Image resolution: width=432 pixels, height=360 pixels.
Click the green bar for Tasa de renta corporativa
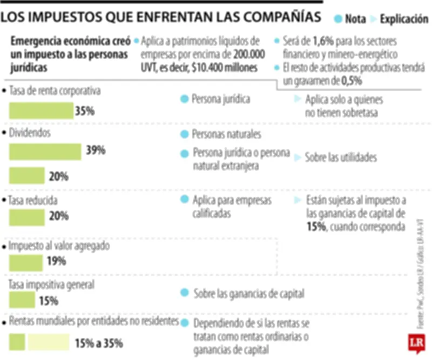pyautogui.click(x=41, y=111)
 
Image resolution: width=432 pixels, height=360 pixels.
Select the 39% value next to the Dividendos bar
pyautogui.click(x=95, y=151)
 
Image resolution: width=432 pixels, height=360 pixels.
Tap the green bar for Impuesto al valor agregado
pyautogui.click(x=26, y=262)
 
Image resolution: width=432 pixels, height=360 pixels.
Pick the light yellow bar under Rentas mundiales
pyautogui.click(x=48, y=342)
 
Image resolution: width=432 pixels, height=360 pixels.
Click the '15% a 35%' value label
pyautogui.click(x=98, y=343)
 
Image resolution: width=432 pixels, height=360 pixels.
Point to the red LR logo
pyautogui.click(x=416, y=343)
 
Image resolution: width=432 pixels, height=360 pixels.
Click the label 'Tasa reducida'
pyautogui.click(x=33, y=200)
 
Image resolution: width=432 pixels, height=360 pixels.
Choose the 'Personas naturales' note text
pyautogui.click(x=227, y=134)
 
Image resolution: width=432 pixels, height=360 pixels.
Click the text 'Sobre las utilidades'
pyautogui.click(x=341, y=158)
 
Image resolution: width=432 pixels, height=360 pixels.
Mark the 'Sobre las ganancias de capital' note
pyautogui.click(x=249, y=294)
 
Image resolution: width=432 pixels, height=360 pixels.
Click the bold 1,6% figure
pyautogui.click(x=322, y=42)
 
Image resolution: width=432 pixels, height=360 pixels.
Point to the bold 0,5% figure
pyautogui.click(x=352, y=80)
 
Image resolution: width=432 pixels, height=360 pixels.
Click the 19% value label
pyautogui.click(x=56, y=262)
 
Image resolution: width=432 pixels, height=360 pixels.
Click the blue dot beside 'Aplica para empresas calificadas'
pyautogui.click(x=185, y=200)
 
